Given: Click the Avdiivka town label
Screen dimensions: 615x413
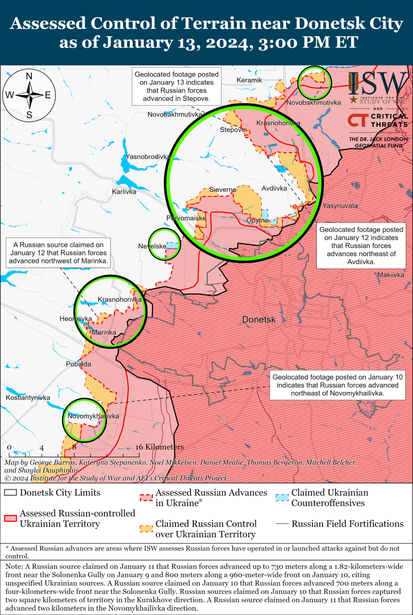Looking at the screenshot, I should [275, 188].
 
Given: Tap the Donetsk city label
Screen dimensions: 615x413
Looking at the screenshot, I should [259, 319].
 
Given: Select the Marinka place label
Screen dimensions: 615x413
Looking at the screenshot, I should [104, 332].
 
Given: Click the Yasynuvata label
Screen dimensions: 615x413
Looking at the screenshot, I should [340, 206].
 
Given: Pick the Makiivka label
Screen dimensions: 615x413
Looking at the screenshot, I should [391, 275].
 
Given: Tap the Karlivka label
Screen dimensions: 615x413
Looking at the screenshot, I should [124, 191].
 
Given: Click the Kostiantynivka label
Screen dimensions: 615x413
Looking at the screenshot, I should [28, 398].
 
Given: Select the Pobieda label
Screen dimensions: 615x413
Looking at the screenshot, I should [78, 364].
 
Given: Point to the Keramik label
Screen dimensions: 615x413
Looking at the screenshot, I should [250, 80].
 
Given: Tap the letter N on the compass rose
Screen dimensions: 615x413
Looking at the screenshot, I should [29, 76].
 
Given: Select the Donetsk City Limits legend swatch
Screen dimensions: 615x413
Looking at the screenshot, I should [11, 493].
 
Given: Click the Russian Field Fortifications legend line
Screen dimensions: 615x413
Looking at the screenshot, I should [282, 524].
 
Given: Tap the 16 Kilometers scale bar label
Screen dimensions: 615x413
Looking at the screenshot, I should [160, 447].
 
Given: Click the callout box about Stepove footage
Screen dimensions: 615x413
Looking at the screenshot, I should [176, 86].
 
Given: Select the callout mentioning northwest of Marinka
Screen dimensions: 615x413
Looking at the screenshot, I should [59, 253].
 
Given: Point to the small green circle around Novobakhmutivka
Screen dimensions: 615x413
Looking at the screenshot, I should [314, 83].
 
